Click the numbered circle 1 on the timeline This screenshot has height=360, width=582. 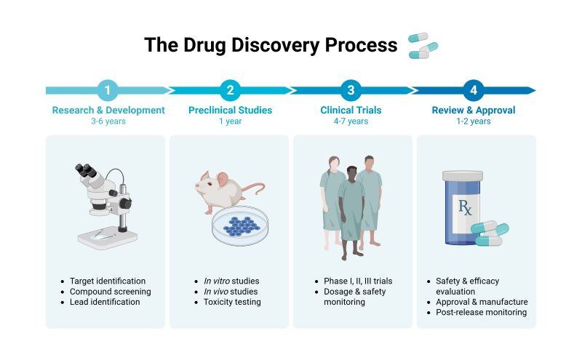108,91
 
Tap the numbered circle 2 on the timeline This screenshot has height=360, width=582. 230,91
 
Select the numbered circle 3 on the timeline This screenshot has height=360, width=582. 351,91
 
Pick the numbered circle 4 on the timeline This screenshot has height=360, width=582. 474,91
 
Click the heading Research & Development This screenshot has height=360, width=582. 108,111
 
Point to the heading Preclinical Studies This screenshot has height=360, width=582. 230,111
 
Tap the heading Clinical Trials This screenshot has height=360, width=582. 351,111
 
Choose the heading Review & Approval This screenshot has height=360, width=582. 474,111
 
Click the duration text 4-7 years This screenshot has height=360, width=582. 351,121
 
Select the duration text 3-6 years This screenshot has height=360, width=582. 108,121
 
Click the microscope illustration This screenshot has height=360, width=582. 105,204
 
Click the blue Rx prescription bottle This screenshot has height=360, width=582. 462,207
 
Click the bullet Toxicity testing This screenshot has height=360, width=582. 232,302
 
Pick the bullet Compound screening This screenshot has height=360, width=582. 111,292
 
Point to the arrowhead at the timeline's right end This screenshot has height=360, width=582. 531,91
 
